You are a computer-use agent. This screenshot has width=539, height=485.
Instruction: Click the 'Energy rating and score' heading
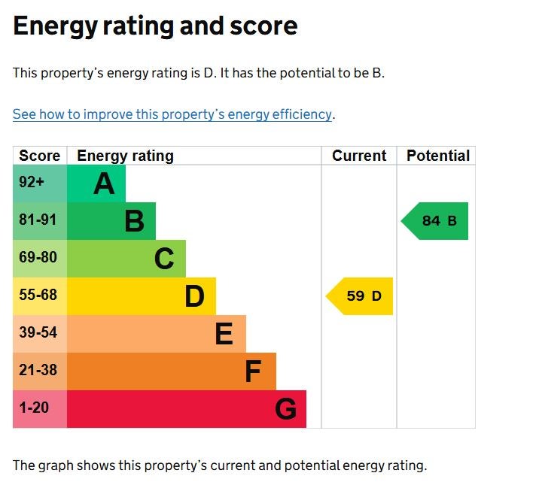(155, 26)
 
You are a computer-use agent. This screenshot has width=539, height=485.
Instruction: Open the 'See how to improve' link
(172, 114)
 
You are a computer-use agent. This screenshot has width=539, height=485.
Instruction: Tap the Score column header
(39, 156)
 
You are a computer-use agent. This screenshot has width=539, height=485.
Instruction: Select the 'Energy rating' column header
(125, 156)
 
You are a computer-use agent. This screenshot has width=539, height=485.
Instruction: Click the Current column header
(359, 156)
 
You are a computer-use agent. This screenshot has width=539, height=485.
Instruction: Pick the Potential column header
(437, 156)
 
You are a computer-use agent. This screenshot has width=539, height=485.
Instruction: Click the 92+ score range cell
(32, 183)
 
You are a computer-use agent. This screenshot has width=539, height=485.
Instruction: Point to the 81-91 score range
(38, 220)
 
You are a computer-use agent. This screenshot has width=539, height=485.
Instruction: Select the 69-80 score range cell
(38, 258)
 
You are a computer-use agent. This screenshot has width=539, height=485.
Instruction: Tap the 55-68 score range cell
(38, 296)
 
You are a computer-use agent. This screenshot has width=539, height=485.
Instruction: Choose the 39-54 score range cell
(38, 333)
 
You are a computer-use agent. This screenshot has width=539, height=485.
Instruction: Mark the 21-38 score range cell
(38, 371)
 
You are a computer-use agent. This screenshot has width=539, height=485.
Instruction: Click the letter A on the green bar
(104, 183)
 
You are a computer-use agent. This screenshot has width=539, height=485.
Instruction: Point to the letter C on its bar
(164, 259)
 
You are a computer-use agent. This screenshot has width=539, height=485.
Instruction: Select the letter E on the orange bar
(224, 334)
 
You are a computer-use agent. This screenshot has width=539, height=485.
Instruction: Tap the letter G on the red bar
(285, 409)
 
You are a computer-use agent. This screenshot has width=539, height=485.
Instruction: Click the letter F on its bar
(253, 371)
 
